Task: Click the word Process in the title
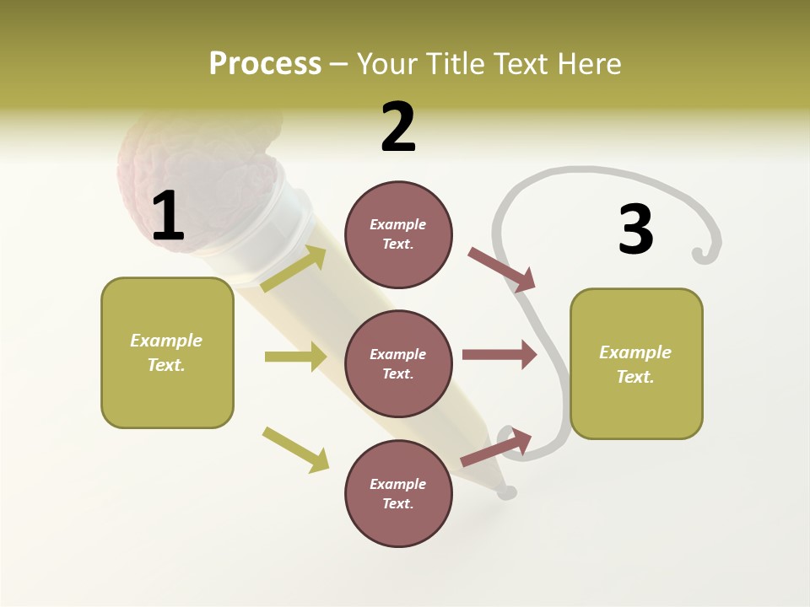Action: [x=265, y=63]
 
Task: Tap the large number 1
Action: [x=168, y=217]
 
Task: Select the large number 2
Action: [x=398, y=127]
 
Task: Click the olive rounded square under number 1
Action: [x=167, y=352]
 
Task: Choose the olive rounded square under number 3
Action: [x=636, y=363]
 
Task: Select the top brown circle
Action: [x=398, y=234]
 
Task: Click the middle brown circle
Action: [x=398, y=363]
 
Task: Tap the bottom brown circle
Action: [x=398, y=493]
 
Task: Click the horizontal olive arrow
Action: [x=295, y=357]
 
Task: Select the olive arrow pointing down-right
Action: [x=295, y=449]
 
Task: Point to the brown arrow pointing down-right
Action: [x=502, y=270]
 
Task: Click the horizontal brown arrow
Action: [x=499, y=355]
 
